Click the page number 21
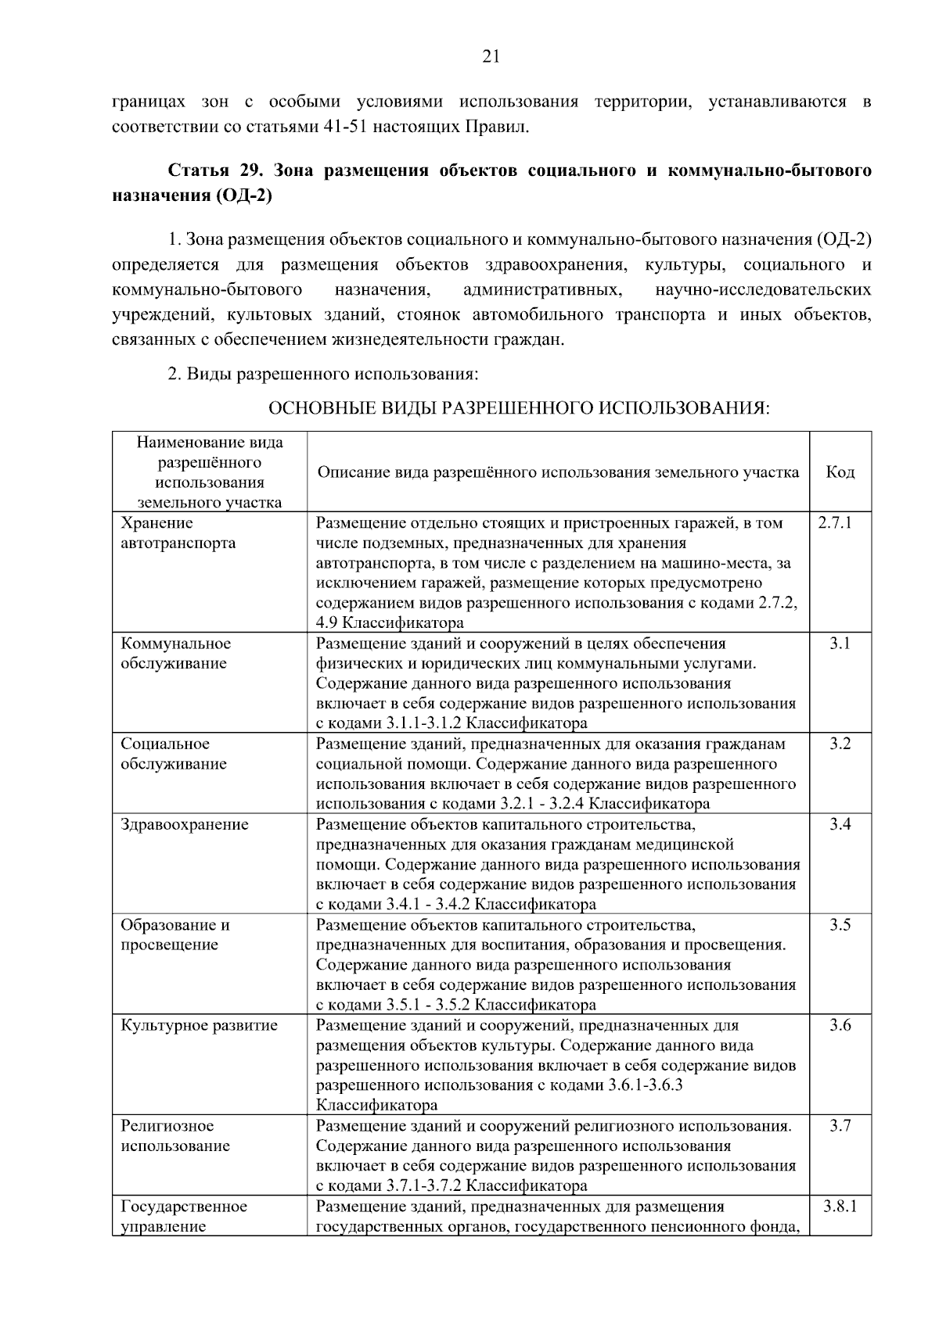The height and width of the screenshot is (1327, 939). tap(491, 56)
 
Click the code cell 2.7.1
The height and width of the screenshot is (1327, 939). tap(840, 523)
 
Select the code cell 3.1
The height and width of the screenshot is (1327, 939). tap(840, 644)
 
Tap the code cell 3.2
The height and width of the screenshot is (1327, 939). tap(840, 744)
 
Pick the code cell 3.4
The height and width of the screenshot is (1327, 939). tap(840, 824)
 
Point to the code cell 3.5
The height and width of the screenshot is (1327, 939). tap(840, 925)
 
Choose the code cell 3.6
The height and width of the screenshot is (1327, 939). tap(840, 1025)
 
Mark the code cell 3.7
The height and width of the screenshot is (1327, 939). tap(840, 1126)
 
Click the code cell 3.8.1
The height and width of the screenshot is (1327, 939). tap(840, 1206)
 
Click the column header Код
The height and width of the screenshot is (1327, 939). tap(840, 472)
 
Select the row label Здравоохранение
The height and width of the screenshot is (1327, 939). tap(184, 824)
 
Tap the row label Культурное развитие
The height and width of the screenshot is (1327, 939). tap(199, 1025)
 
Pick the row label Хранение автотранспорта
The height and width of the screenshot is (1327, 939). tap(178, 533)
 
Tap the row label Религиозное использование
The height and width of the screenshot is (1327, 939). tap(174, 1136)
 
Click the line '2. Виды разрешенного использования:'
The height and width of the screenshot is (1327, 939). tap(323, 374)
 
